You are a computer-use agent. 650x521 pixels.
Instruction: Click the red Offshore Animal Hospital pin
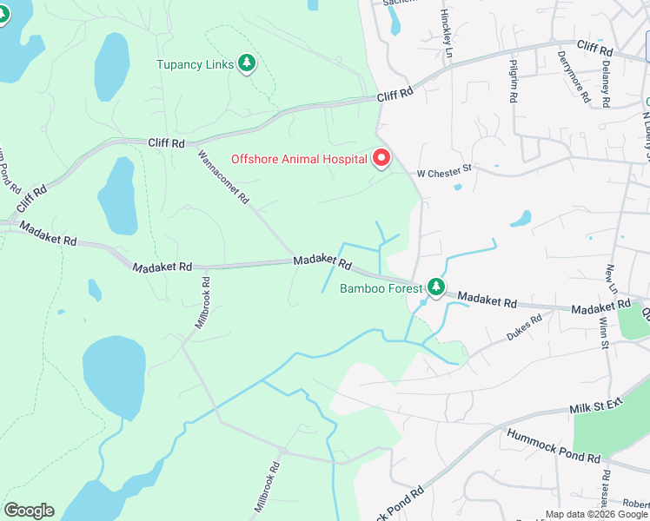click(381, 158)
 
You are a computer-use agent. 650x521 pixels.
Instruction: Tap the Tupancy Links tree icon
click(248, 63)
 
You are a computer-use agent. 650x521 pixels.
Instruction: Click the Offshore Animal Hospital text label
click(299, 159)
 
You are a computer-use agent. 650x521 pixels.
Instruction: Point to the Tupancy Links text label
click(196, 64)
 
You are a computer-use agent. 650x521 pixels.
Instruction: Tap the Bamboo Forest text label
click(381, 288)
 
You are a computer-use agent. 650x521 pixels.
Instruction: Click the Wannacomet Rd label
click(224, 177)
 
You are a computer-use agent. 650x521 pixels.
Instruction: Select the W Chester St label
click(443, 173)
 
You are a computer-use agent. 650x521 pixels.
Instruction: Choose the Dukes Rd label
click(524, 329)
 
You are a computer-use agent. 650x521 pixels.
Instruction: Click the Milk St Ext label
click(598, 407)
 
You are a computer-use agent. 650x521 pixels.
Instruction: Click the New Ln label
click(612, 280)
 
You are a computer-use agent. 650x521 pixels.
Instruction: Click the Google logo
click(29, 511)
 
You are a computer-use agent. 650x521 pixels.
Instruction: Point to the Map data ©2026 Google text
click(596, 514)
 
